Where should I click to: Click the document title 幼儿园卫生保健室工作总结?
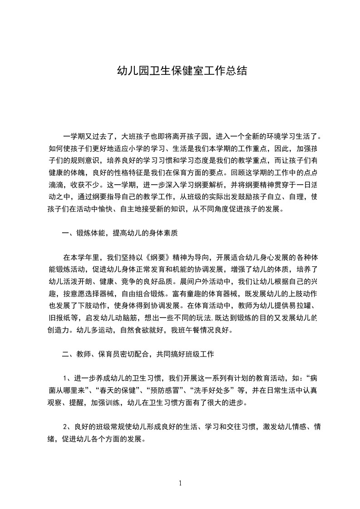pyautogui.click(x=182, y=71)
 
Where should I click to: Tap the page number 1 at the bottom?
pyautogui.click(x=180, y=483)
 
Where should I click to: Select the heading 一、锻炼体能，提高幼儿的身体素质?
pyautogui.click(x=119, y=233)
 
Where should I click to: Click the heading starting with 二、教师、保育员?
pyautogui.click(x=141, y=354)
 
